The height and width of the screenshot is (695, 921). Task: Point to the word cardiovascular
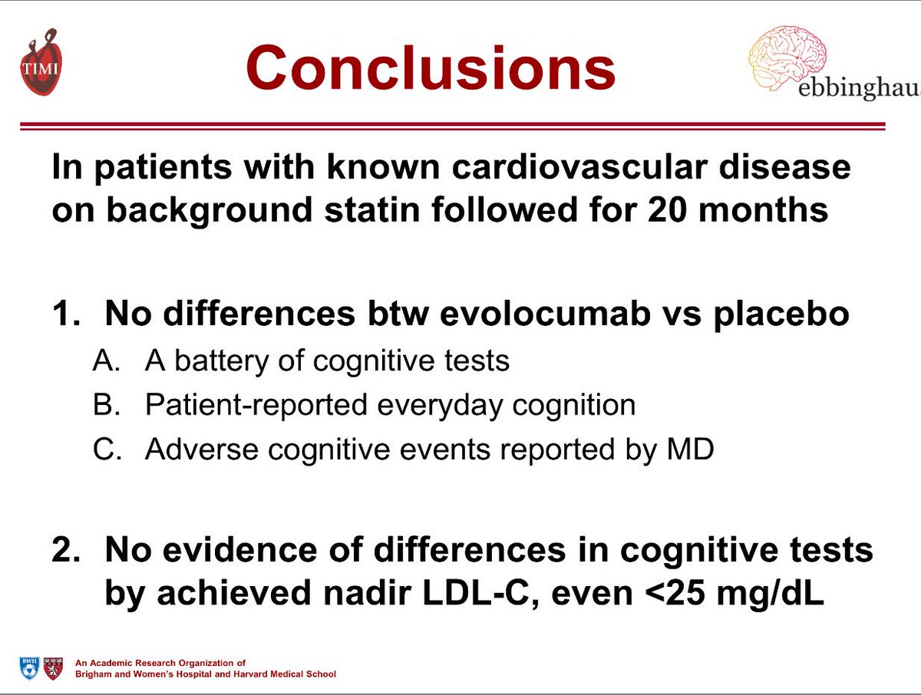(581, 166)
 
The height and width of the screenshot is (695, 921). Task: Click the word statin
(348, 210)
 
